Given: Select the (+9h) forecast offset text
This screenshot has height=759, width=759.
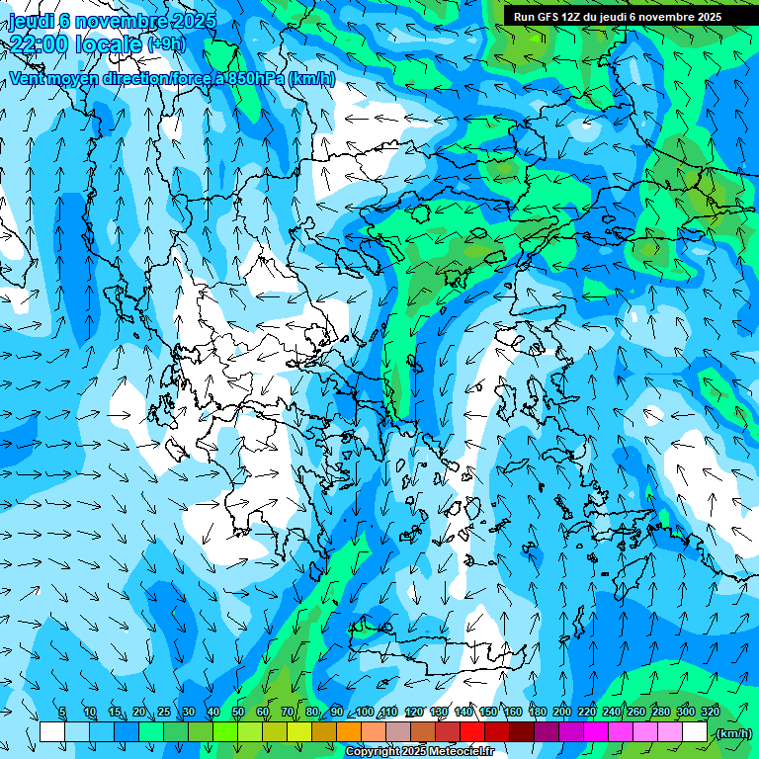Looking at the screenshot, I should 166,44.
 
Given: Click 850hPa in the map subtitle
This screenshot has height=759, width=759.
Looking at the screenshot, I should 255,78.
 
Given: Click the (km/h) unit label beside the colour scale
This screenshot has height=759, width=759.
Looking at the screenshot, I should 733,733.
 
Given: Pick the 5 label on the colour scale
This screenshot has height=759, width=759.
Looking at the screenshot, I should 63,713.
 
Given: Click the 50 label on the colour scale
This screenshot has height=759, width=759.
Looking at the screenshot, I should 238,713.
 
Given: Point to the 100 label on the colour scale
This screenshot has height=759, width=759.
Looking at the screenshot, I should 365,713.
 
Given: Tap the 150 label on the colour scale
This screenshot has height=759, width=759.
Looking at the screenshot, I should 488,713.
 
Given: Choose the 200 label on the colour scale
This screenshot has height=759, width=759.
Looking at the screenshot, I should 562,713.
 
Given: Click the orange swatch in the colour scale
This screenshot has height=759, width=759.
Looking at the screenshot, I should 349,732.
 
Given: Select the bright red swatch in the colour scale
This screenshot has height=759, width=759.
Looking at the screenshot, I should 472,732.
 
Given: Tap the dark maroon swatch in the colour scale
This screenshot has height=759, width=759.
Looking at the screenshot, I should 522,732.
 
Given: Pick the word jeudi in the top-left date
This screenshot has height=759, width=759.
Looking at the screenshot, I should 32,21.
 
